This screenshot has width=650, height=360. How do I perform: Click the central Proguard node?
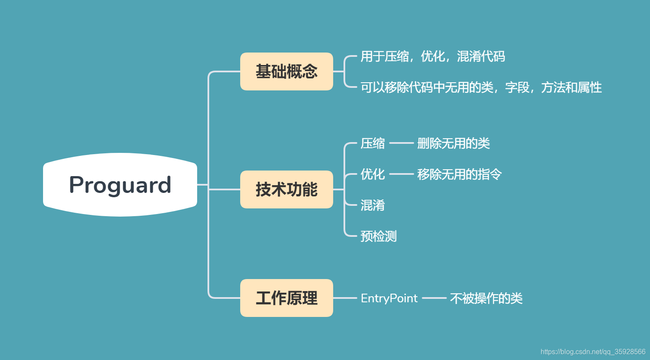120,185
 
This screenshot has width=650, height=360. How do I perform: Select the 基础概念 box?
286,71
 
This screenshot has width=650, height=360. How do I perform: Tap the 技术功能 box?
286,189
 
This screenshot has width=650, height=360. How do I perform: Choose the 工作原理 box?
286,298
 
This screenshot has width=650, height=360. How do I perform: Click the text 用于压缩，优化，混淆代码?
433,56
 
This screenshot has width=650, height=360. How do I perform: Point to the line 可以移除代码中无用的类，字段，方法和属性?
481,87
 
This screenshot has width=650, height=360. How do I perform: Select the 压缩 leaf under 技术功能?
373,143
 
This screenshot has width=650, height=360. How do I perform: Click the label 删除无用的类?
453,143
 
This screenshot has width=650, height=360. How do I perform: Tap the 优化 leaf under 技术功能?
373,174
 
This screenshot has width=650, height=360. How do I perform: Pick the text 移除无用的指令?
459,174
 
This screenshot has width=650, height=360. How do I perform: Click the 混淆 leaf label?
373,205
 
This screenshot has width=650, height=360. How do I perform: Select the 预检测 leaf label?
378,236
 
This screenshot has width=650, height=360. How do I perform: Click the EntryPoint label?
389,298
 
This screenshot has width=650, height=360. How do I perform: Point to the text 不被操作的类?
486,298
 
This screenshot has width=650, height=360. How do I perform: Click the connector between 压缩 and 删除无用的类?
401,143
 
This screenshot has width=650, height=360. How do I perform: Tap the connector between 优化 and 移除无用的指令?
401,174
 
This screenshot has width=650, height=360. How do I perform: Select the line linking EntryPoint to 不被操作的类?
434,298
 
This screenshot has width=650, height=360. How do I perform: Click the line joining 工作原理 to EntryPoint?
345,298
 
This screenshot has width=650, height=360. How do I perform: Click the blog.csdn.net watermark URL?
593,352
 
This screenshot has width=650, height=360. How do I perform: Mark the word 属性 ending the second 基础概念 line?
590,87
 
